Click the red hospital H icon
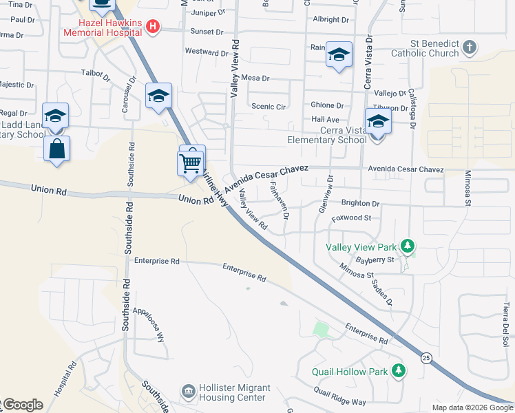[154, 28]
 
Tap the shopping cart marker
[191, 162]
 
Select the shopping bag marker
[56, 148]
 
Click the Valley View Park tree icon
[408, 246]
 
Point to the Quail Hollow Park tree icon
[398, 371]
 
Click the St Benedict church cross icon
[469, 47]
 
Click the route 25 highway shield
[426, 357]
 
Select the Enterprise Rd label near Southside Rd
[157, 262]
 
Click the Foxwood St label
[351, 218]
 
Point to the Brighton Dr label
[360, 204]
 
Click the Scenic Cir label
[269, 107]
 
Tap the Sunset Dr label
[207, 32]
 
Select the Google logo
[22, 405]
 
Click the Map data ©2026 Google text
[472, 407]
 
